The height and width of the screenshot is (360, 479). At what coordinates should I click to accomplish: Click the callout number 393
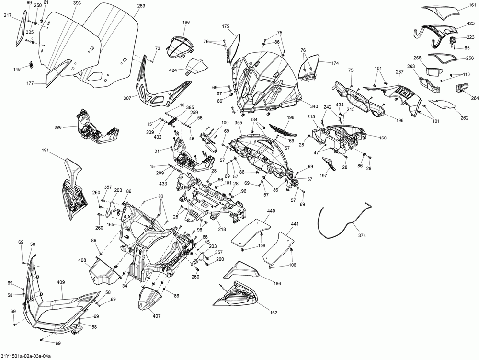coord(77,3)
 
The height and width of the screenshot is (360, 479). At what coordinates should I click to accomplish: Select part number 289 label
coord(141,6)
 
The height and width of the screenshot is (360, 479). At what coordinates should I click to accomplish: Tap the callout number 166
coord(186,23)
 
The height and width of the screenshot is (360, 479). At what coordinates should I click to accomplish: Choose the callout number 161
coord(473,5)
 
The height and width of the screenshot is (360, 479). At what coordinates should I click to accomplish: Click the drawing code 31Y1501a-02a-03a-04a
coord(26,356)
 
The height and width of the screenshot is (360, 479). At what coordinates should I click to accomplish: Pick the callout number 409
coord(61,283)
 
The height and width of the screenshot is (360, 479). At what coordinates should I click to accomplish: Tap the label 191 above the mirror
coord(46,151)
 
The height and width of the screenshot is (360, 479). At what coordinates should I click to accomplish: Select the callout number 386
coord(58,127)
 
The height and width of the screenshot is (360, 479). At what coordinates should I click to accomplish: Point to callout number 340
coord(314,106)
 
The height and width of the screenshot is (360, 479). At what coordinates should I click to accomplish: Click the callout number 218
coord(222,230)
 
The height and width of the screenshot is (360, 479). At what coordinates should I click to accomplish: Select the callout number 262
coord(464,118)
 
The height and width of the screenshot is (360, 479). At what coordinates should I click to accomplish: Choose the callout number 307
coord(127,98)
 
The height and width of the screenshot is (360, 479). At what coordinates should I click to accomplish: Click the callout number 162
coord(274,313)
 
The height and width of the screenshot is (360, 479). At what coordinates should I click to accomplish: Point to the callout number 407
coord(157,316)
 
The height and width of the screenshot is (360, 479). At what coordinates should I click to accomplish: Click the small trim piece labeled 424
coord(197,66)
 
